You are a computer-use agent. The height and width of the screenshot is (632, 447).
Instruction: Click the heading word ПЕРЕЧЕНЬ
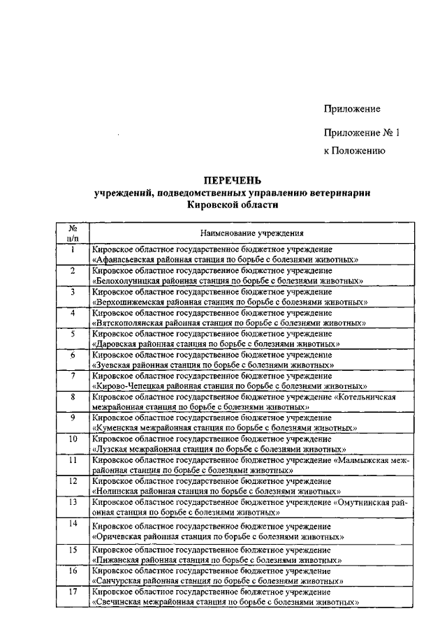232,181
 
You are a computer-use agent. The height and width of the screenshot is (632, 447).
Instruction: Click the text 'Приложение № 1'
361,132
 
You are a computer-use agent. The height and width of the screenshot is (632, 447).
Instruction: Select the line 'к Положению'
353,149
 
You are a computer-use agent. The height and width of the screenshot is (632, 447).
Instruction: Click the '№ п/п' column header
72,233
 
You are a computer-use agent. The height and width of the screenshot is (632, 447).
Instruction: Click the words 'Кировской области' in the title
232,205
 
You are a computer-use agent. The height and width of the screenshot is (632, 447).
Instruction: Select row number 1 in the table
72,249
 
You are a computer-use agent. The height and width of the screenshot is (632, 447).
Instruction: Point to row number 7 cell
72,376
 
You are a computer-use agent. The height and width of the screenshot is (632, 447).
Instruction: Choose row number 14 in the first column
72,523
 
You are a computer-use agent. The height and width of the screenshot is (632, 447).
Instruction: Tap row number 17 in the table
72,592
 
